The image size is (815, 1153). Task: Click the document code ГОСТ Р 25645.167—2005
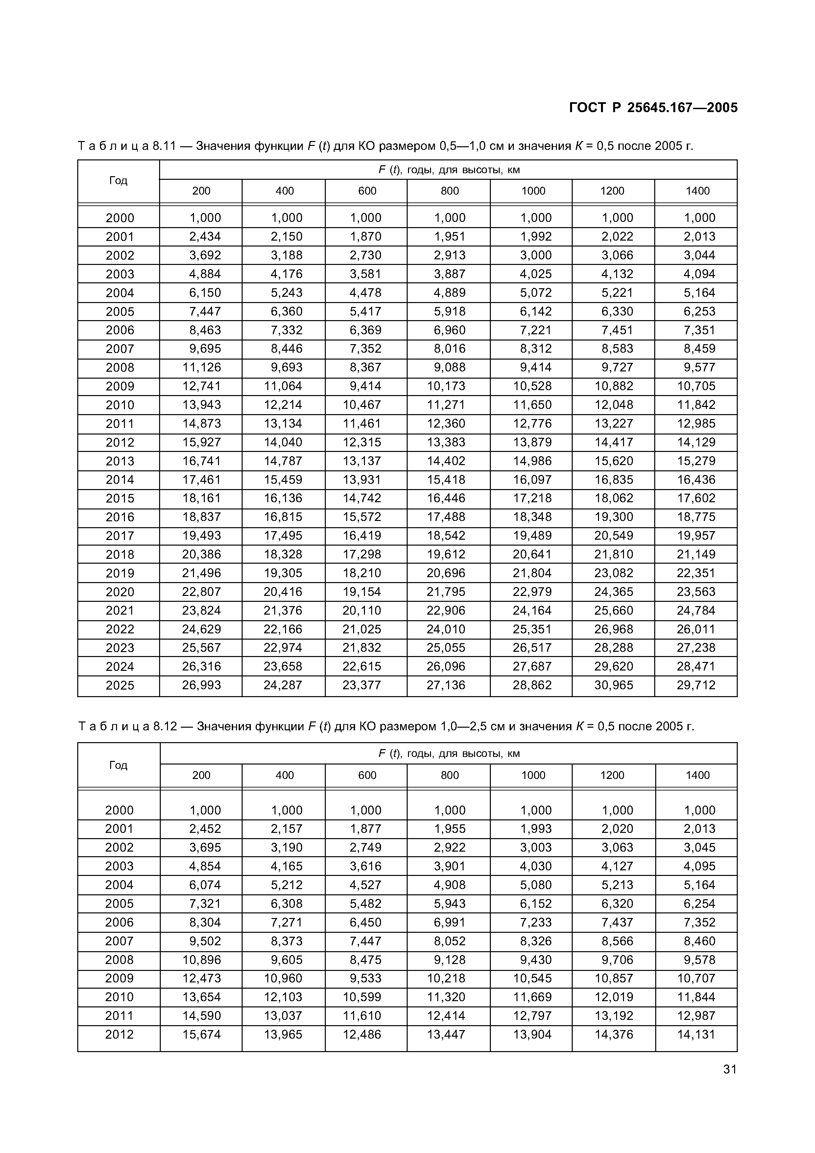(x=653, y=108)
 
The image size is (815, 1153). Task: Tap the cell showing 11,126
(x=201, y=367)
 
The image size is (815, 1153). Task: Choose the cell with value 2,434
(x=205, y=237)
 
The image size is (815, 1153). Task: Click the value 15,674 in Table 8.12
(x=201, y=1034)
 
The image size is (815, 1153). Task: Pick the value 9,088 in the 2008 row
(x=449, y=367)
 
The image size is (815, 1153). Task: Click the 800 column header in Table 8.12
(x=449, y=775)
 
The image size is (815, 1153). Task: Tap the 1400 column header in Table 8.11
(x=698, y=191)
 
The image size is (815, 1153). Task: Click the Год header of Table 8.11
(x=118, y=181)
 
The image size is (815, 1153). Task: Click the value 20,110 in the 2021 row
(x=362, y=611)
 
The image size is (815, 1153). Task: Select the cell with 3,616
(x=366, y=866)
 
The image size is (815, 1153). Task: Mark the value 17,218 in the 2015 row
(x=532, y=498)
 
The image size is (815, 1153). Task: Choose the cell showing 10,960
(x=283, y=978)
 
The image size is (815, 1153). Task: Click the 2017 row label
(x=120, y=536)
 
